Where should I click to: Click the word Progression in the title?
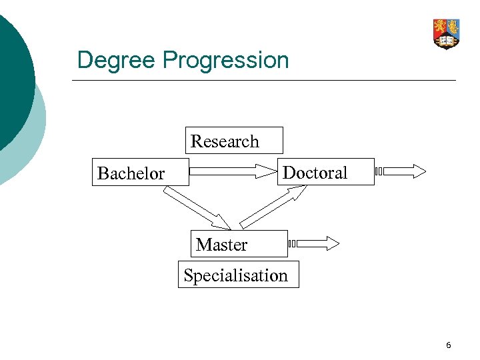point(225,61)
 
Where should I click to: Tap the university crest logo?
point(446,33)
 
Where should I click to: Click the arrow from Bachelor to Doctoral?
point(233,171)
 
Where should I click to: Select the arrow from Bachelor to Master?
point(197,207)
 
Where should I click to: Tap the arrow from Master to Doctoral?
point(273,207)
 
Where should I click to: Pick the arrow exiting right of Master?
point(313,244)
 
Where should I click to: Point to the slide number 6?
point(448,345)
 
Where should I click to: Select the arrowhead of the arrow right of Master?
point(332,244)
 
